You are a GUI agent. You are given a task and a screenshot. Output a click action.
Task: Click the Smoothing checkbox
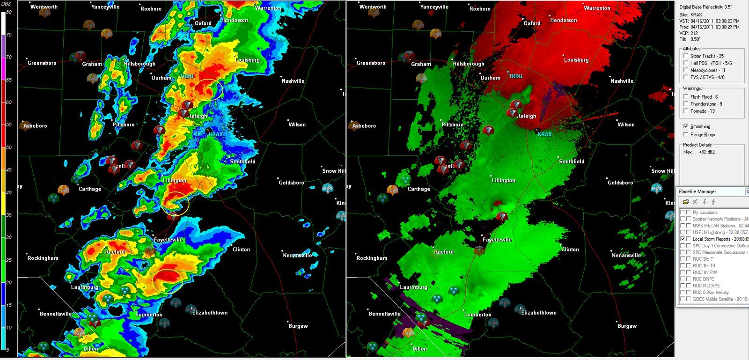[686, 126]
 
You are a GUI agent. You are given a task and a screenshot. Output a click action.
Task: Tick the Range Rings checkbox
[686, 134]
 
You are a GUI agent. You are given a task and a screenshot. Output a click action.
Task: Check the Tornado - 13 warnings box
[686, 111]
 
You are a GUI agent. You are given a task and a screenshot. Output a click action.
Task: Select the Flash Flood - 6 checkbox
[686, 97]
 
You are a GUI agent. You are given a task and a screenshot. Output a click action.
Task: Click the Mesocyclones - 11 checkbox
[686, 70]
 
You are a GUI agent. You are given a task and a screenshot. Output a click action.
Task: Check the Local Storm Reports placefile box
[683, 239]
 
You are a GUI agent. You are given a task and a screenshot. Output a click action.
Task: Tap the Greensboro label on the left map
[42, 63]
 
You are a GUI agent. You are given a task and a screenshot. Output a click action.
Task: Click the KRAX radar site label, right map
[544, 134]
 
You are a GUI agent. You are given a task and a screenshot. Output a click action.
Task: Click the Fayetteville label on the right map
[497, 240]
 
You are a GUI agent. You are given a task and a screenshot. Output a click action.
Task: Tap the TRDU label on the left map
[187, 76]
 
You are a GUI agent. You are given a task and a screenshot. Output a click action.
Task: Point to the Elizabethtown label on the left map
[210, 313]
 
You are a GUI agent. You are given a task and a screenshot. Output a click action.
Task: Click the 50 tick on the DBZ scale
[8, 147]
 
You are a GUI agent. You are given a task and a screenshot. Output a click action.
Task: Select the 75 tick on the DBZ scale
[8, 35]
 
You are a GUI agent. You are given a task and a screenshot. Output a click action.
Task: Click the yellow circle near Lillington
[176, 203]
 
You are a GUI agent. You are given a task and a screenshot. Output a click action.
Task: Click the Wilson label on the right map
[626, 125]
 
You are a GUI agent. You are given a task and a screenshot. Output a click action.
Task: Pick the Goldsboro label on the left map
[291, 183]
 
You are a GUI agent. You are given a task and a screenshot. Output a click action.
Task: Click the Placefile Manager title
[698, 191]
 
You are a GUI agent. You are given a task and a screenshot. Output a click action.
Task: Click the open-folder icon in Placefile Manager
[686, 202]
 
